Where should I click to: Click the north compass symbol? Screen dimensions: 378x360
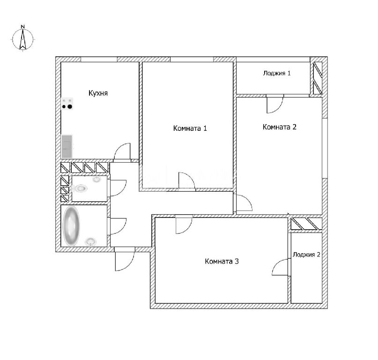[22, 38]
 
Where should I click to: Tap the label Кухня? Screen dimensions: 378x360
[98, 93]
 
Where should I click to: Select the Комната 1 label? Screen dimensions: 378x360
[190, 128]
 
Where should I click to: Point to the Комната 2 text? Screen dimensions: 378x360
[280, 127]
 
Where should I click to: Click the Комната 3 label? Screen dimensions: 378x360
[222, 261]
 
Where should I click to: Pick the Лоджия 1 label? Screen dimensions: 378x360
[277, 73]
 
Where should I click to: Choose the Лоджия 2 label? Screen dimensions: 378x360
[306, 255]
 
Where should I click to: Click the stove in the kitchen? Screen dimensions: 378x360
[67, 104]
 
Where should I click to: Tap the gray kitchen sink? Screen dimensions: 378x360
[67, 146]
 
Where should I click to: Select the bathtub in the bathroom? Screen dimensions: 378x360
[71, 226]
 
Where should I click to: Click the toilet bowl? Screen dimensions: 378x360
[79, 188]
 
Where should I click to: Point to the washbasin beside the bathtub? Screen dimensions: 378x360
[91, 241]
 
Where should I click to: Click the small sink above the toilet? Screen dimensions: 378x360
[97, 179]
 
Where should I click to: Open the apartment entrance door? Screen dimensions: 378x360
[125, 259]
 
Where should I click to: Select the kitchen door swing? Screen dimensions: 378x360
[122, 151]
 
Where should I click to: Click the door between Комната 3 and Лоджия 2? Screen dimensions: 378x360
[280, 267]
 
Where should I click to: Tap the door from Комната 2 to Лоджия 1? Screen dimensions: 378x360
[275, 104]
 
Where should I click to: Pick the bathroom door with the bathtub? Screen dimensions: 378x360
[118, 226]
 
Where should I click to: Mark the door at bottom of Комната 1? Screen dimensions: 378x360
[186, 180]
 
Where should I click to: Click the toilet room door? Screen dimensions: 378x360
[118, 188]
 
